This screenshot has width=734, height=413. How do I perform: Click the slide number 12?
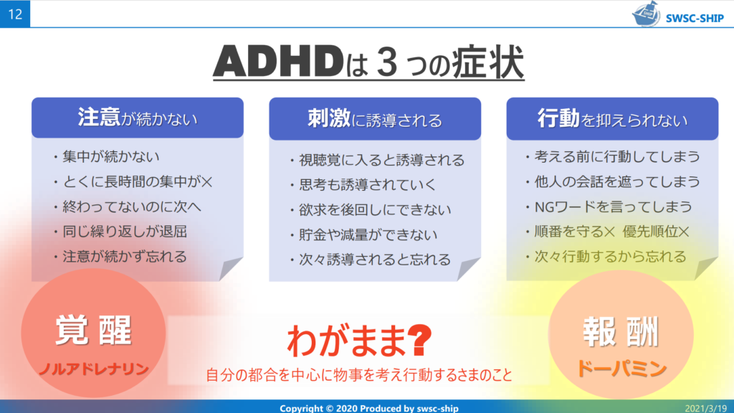point(15,14)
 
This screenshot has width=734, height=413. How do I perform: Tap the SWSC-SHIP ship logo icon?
point(647,14)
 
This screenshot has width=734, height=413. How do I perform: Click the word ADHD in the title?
point(279,62)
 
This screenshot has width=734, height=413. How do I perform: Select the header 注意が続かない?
point(138,118)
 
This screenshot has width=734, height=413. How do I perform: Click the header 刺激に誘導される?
point(374,119)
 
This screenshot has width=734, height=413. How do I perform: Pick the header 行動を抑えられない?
point(612,119)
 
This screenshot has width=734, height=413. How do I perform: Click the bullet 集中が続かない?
point(111,156)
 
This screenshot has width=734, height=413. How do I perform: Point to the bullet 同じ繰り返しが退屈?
point(125,232)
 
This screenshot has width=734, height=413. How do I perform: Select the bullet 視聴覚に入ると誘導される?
point(381,160)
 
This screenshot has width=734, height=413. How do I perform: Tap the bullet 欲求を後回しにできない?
point(375,210)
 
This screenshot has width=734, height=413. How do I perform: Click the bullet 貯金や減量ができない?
point(368,234)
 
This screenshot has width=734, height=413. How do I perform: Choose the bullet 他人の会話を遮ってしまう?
point(617,181)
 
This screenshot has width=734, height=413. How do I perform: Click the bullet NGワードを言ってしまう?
point(614,206)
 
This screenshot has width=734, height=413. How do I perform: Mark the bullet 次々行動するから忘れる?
point(610,257)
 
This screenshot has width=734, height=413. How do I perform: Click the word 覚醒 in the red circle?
point(93,331)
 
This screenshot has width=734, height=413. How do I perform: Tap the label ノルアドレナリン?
point(94,369)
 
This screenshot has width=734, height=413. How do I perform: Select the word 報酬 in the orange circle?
point(621,331)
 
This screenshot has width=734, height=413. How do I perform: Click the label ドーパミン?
point(621,369)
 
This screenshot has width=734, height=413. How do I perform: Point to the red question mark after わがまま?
point(419,340)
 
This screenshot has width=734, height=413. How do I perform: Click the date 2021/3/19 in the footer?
point(706,408)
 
